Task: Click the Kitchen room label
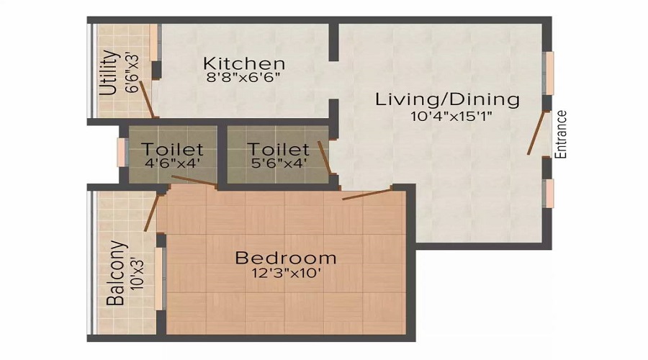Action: (x=243, y=63)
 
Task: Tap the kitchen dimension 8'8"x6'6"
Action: (x=243, y=77)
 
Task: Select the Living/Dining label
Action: (x=447, y=99)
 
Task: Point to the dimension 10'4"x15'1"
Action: (x=447, y=115)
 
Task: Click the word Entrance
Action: (x=562, y=134)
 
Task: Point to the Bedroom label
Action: (x=286, y=257)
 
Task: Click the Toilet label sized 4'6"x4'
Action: (x=172, y=150)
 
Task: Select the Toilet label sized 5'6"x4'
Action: (x=278, y=150)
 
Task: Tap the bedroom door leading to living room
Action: (x=367, y=193)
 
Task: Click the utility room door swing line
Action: (x=146, y=99)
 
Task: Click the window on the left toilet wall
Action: (x=122, y=152)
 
